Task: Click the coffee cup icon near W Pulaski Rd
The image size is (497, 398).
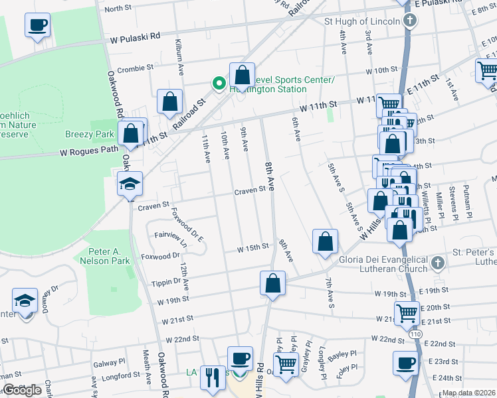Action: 37,27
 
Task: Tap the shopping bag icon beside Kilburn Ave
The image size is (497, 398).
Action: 170,101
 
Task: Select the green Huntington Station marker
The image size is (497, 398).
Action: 218,84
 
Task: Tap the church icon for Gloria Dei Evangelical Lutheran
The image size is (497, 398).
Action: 437,263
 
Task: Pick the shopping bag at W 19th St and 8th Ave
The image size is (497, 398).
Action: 272,283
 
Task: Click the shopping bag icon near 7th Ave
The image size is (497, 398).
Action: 326,242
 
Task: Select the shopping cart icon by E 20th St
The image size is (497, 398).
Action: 407,312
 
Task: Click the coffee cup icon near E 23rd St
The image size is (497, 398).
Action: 405,363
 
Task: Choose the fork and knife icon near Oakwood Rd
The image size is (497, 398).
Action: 213,377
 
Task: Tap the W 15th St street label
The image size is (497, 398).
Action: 254,247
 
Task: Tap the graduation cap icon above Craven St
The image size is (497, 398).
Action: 130,184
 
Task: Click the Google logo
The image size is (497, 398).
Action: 22,390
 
